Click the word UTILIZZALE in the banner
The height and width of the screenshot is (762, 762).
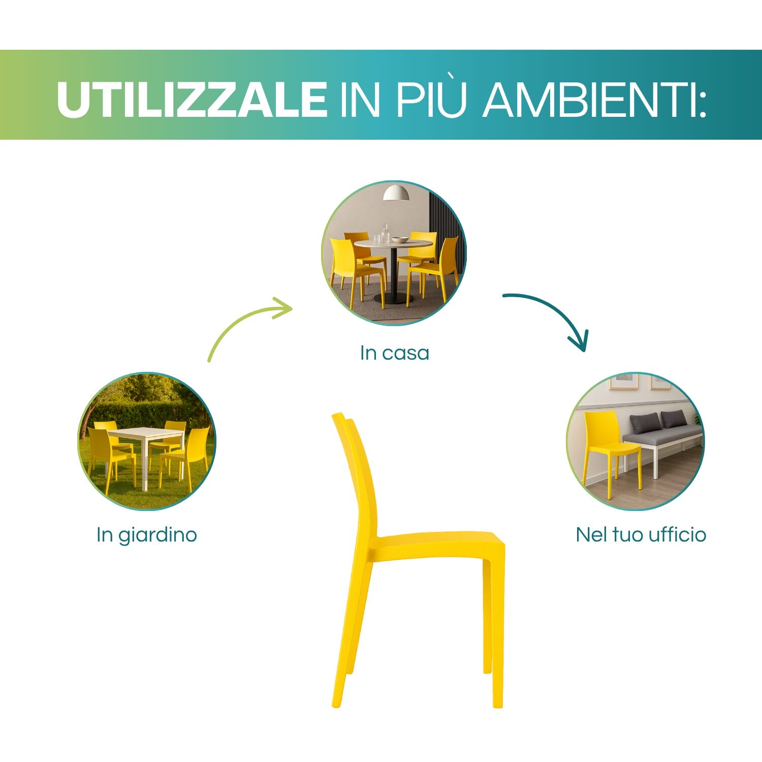(x=192, y=99)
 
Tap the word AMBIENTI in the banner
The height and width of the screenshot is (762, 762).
(x=594, y=99)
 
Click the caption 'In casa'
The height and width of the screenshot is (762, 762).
(x=394, y=353)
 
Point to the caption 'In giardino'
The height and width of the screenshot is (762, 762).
(x=146, y=535)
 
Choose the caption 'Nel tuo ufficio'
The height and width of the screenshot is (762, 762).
(x=641, y=535)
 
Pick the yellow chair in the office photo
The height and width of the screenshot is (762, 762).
(x=607, y=442)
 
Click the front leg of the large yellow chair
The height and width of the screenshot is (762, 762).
(x=497, y=635)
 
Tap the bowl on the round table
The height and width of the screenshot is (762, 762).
(x=400, y=240)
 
